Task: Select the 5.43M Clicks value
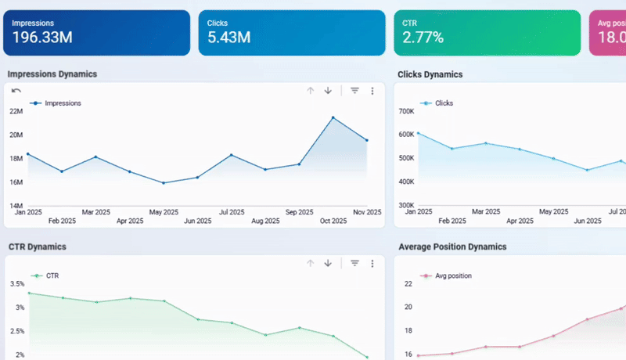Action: [228, 38]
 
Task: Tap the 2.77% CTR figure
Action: [423, 38]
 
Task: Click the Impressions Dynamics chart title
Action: [52, 74]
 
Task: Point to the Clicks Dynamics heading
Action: [430, 74]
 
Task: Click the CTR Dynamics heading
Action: [37, 247]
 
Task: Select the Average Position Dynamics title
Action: [452, 247]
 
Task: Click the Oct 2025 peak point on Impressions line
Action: [333, 118]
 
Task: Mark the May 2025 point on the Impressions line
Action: [163, 183]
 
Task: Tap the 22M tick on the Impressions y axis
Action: [16, 111]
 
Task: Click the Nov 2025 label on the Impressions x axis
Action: [366, 212]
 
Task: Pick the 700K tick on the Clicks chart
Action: [406, 111]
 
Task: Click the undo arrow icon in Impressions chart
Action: [16, 91]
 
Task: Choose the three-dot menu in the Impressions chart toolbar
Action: [372, 91]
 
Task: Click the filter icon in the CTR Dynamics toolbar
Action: [354, 263]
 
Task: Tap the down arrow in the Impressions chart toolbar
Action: [328, 91]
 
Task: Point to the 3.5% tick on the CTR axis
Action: [17, 283]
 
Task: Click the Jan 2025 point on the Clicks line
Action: [418, 133]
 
